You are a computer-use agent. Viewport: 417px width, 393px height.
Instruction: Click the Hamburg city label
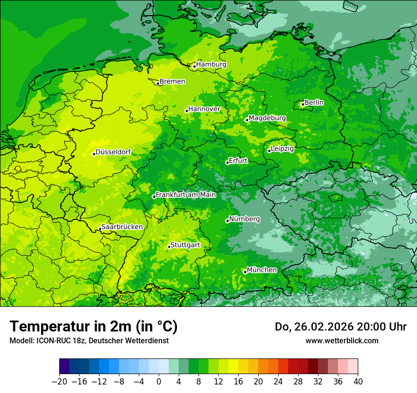point(211,64)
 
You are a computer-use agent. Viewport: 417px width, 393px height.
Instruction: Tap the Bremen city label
point(172,81)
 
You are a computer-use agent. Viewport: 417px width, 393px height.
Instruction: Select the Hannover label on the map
point(204,109)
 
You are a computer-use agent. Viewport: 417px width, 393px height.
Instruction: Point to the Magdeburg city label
point(267,118)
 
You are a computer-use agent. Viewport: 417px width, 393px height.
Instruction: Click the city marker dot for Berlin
point(303,104)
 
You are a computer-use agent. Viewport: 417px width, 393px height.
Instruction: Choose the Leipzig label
point(282,149)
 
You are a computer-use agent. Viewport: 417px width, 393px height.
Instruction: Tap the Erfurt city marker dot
point(227,162)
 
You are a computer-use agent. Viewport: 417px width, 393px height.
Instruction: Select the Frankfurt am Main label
point(186,195)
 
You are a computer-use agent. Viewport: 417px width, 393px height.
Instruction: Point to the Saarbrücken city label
point(122,227)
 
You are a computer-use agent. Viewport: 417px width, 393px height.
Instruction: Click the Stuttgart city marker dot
point(169,247)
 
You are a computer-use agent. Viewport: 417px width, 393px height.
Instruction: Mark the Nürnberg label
point(244,219)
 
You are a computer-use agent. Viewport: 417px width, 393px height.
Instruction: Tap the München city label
point(262,270)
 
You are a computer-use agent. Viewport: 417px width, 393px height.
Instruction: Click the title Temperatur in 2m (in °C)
point(94,326)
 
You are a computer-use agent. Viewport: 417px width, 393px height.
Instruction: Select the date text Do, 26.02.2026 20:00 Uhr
point(341,327)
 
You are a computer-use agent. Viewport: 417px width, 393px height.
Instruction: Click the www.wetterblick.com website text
point(342,340)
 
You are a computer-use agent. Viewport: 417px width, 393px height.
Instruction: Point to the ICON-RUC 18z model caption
point(89,340)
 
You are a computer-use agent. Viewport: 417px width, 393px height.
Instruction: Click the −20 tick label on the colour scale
point(59,382)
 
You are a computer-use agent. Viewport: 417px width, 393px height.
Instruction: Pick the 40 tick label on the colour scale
point(358,382)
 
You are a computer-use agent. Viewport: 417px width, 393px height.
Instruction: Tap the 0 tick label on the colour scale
point(159,382)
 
